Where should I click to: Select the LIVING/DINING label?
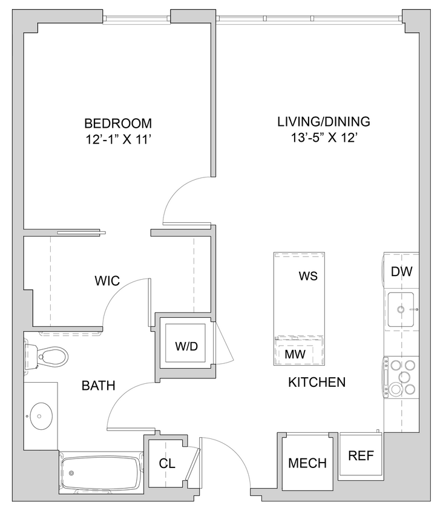323,121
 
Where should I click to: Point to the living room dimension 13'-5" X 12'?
323,138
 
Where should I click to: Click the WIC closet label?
107,281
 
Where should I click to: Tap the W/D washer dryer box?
186,346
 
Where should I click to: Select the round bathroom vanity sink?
41,415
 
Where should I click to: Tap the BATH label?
99,385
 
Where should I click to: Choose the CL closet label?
167,464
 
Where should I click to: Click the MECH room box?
307,463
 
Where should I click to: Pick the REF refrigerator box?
361,455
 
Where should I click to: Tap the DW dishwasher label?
401,272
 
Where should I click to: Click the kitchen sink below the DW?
401,309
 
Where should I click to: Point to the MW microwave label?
295,352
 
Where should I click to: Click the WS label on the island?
308,276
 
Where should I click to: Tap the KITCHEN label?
317,382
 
